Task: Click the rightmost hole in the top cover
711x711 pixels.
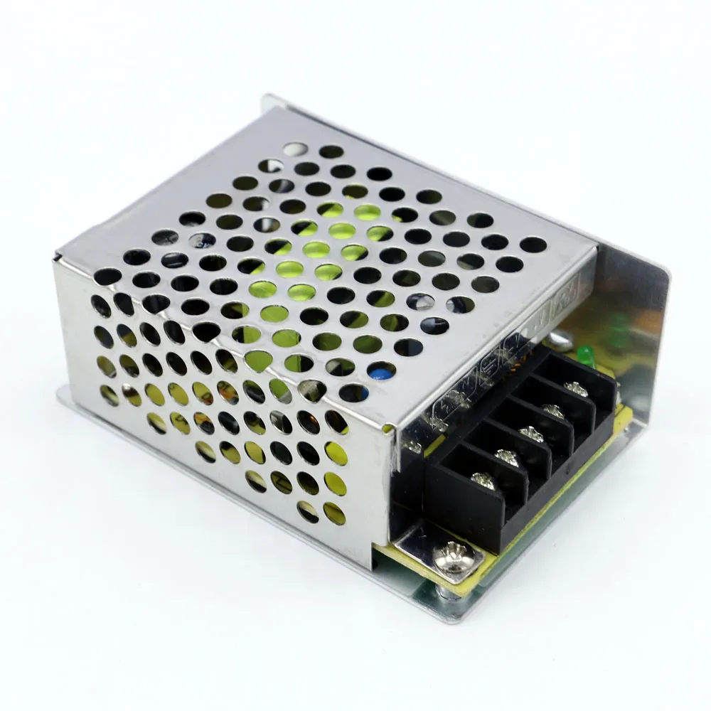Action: point(533,245)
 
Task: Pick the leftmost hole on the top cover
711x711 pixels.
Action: point(107,276)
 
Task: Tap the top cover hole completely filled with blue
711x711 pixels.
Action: point(382,370)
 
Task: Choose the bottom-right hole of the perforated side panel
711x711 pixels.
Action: point(334,513)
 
